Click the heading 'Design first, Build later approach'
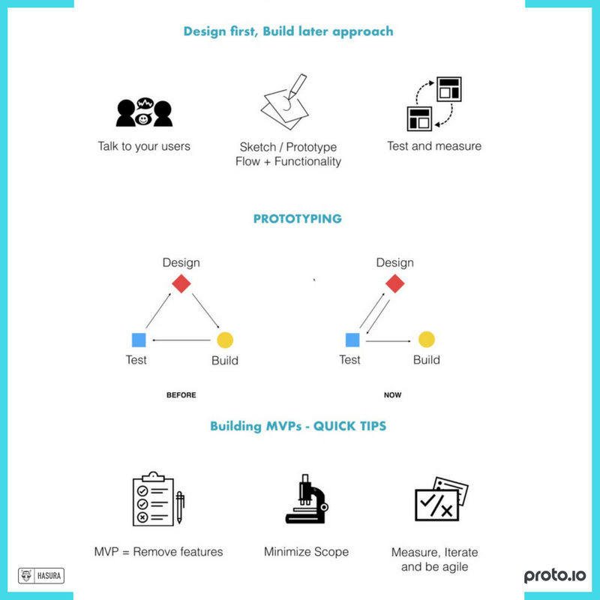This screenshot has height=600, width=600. coord(288,32)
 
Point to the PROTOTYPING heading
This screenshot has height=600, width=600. coord(297,219)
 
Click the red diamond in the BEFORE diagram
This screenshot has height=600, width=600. coord(181,283)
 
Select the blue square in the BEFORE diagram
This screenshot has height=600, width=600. coord(138,340)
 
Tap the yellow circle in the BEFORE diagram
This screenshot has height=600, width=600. coord(224,340)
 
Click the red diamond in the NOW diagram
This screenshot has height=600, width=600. coord(394,283)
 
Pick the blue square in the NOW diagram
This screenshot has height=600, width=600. coord(352,340)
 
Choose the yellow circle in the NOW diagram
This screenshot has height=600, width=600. coord(426,340)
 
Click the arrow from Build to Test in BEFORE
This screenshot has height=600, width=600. coord(181,340)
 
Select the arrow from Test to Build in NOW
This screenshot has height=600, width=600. coord(388,340)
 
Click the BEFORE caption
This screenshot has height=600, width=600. coord(181,394)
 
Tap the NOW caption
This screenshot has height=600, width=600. coord(392,394)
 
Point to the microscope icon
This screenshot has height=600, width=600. coord(306,498)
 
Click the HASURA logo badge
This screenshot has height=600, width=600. coord(41,576)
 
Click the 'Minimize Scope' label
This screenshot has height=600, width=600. coord(306,552)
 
